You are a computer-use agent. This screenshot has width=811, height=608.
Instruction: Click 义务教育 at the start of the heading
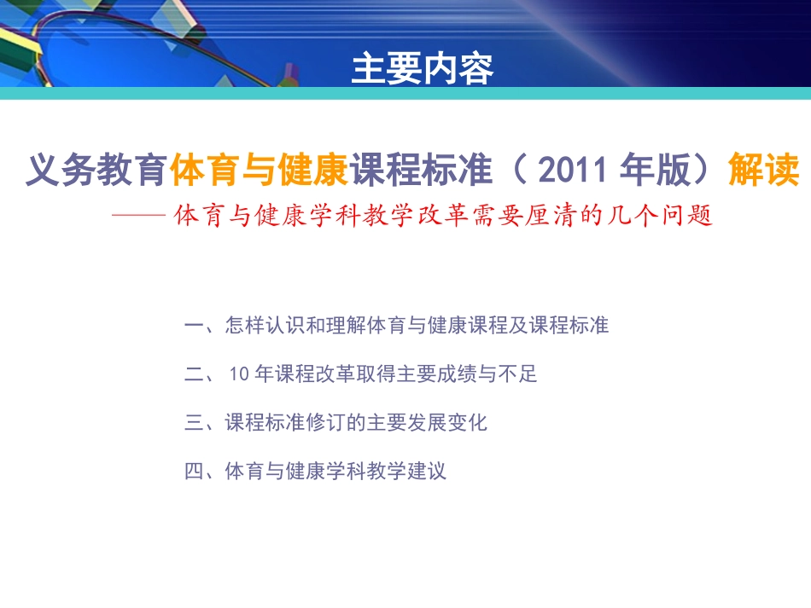click(x=96, y=172)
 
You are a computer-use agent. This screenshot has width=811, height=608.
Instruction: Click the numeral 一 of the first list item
click(x=194, y=326)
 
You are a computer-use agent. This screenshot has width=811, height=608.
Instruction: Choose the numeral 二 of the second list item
click(x=194, y=374)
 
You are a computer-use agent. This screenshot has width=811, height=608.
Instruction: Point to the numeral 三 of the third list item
click(x=194, y=423)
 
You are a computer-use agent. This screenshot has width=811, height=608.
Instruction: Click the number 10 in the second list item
click(x=240, y=374)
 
